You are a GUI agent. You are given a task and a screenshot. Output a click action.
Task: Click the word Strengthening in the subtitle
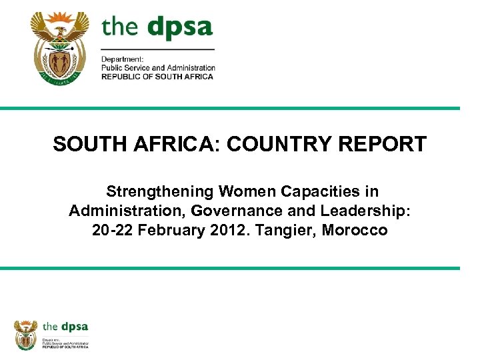[159, 192]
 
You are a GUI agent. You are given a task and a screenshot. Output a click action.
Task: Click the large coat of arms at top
[59, 48]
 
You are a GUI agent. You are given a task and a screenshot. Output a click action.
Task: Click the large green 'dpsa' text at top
[179, 28]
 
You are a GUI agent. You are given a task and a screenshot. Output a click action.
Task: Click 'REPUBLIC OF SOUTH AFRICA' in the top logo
[157, 77]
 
